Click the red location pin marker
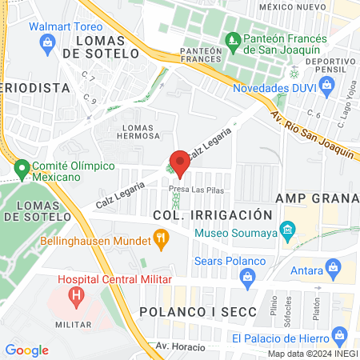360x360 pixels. pos(180,163)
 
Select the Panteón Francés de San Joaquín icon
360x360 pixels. pos(233,38)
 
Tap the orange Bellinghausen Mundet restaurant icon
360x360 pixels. pos(162,238)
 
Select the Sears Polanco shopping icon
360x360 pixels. pos(247,277)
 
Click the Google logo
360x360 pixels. pos(26,350)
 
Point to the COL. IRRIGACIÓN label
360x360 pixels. pos(213,215)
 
